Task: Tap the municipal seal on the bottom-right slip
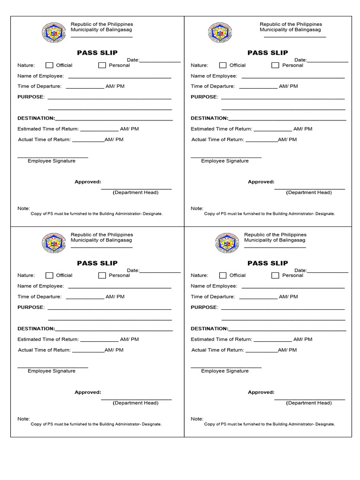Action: (227, 243)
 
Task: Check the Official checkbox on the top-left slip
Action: (49, 65)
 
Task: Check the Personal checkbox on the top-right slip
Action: (275, 65)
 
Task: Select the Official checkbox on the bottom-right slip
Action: (223, 276)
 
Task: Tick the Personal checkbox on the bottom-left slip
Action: (102, 276)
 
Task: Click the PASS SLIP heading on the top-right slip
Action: (268, 52)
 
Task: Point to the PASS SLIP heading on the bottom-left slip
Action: (97, 263)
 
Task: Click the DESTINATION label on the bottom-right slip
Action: (209, 329)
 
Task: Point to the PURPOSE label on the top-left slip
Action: (31, 97)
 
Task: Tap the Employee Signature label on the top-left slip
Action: (52, 161)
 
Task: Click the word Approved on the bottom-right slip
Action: (261, 392)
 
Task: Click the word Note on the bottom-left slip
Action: (23, 419)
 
